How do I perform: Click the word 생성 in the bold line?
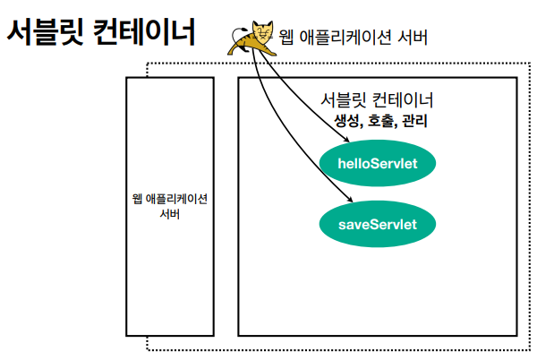346,121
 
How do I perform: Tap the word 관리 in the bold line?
413,121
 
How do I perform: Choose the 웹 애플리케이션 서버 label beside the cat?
356,39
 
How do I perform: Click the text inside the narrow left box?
170,207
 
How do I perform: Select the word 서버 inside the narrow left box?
170,215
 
